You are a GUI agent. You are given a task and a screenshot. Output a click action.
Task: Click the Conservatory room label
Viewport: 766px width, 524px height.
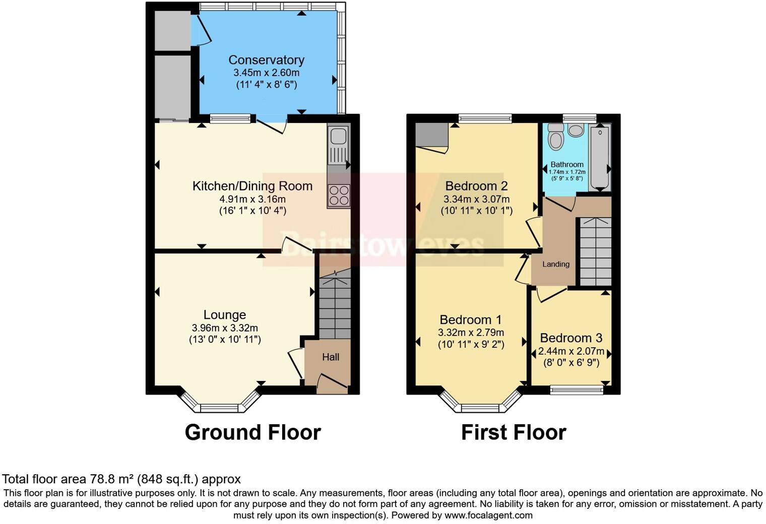click(266, 60)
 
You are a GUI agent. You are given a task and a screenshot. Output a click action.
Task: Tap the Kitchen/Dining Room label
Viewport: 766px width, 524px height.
click(252, 186)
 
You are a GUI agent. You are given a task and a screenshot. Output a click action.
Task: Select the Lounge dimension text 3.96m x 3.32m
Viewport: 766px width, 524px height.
click(225, 328)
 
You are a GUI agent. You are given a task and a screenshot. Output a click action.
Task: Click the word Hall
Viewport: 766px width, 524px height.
click(331, 357)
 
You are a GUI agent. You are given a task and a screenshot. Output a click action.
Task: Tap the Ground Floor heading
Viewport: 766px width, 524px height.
click(252, 432)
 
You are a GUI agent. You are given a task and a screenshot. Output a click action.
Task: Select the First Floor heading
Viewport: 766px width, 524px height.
click(514, 432)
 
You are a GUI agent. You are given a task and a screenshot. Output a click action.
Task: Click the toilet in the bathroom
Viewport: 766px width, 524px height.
click(555, 136)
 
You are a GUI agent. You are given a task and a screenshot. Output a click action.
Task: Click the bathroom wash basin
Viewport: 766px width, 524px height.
click(575, 130)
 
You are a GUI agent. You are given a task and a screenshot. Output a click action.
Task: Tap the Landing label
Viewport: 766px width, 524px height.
click(556, 264)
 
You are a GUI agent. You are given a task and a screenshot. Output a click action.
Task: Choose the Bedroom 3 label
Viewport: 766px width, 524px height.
click(571, 338)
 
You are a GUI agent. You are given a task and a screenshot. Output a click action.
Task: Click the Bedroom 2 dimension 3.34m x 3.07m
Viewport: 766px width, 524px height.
click(476, 199)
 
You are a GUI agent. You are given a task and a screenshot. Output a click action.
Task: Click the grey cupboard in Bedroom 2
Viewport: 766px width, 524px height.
click(431, 135)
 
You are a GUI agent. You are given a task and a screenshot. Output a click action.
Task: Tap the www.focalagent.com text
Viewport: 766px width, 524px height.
click(488, 515)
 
